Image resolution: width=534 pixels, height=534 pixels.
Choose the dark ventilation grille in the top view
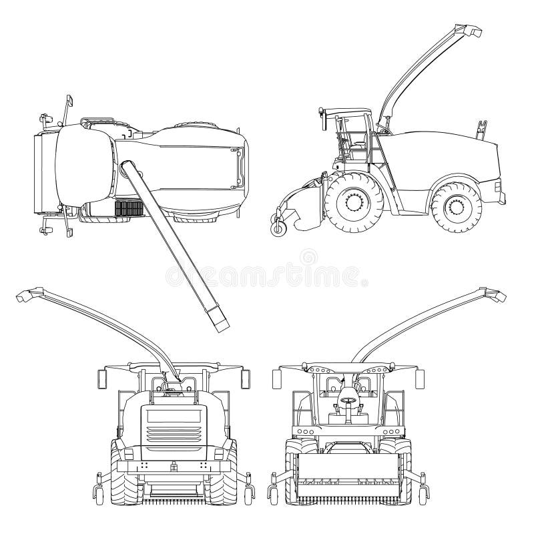(x=129, y=208)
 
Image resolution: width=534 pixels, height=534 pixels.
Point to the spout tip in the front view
(x=494, y=294)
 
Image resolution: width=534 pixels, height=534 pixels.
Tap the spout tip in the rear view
(x=28, y=294)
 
